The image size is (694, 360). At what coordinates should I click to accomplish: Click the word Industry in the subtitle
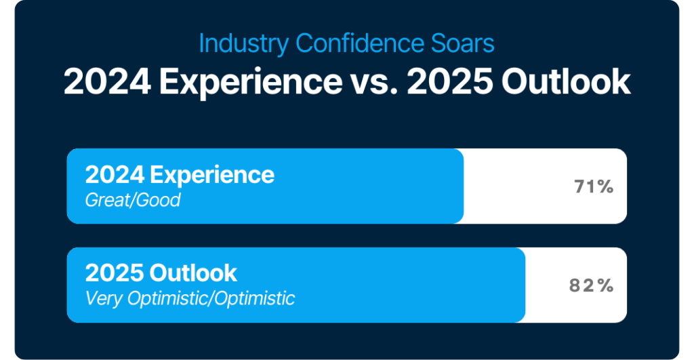pyautogui.click(x=244, y=44)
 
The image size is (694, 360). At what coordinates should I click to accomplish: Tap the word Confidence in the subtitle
pyautogui.click(x=359, y=43)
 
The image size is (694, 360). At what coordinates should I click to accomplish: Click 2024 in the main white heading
pyautogui.click(x=107, y=82)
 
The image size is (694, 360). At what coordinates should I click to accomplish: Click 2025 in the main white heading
pyautogui.click(x=450, y=82)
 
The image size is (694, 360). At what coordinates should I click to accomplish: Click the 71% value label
pyautogui.click(x=594, y=187)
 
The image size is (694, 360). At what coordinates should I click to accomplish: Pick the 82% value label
pyautogui.click(x=591, y=285)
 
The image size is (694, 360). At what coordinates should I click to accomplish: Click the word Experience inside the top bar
pyautogui.click(x=212, y=176)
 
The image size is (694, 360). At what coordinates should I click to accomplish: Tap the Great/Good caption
pyautogui.click(x=133, y=200)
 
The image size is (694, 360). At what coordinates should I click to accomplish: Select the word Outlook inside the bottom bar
pyautogui.click(x=193, y=273)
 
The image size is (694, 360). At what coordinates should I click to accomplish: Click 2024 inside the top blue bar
pyautogui.click(x=115, y=175)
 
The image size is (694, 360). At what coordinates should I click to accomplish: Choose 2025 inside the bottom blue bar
pyautogui.click(x=115, y=273)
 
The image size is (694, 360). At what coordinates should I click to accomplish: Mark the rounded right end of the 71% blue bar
pyautogui.click(x=463, y=186)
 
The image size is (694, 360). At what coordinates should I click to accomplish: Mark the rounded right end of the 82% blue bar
pyautogui.click(x=525, y=285)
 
